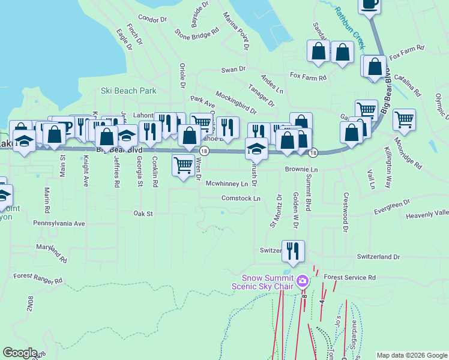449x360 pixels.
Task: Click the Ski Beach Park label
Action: pos(128,91)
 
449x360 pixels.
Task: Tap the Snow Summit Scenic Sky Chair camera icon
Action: pos(303,281)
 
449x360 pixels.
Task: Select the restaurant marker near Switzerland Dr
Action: pos(293,251)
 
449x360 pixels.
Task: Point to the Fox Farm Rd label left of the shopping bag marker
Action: pos(308,77)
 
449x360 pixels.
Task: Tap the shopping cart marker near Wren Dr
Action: pos(183,164)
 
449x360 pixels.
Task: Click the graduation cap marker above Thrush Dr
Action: pos(257,148)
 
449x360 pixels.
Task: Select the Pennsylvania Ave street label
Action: pos(59,223)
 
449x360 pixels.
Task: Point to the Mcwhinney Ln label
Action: pos(227,184)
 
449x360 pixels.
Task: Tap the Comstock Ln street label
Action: pos(241,198)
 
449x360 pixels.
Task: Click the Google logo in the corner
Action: pos(20,353)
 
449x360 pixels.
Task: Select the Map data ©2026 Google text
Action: pos(412,355)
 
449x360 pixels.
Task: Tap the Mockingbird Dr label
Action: pos(235,103)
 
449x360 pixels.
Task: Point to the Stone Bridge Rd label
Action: pos(193,35)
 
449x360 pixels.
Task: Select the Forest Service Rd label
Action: pos(349,278)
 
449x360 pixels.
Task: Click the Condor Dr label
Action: pos(152,19)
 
